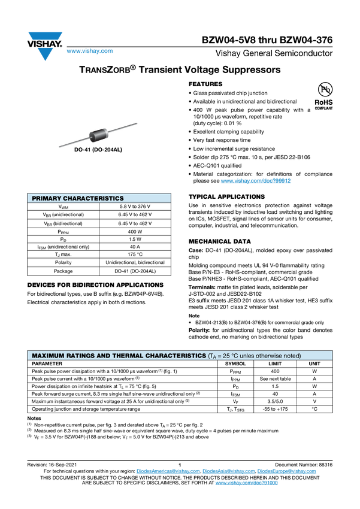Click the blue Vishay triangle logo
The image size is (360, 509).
click(x=44, y=53)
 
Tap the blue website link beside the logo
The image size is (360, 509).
click(x=89, y=51)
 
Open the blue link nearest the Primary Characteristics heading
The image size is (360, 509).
click(x=256, y=180)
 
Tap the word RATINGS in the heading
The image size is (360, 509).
click(x=80, y=356)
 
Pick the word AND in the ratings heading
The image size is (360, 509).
click(x=103, y=356)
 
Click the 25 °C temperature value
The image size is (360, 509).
click(x=231, y=356)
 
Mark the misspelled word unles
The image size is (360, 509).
click(x=250, y=356)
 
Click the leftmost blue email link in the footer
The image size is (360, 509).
click(x=167, y=471)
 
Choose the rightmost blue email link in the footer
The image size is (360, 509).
click(x=287, y=471)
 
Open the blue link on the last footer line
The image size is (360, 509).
click(x=247, y=482)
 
